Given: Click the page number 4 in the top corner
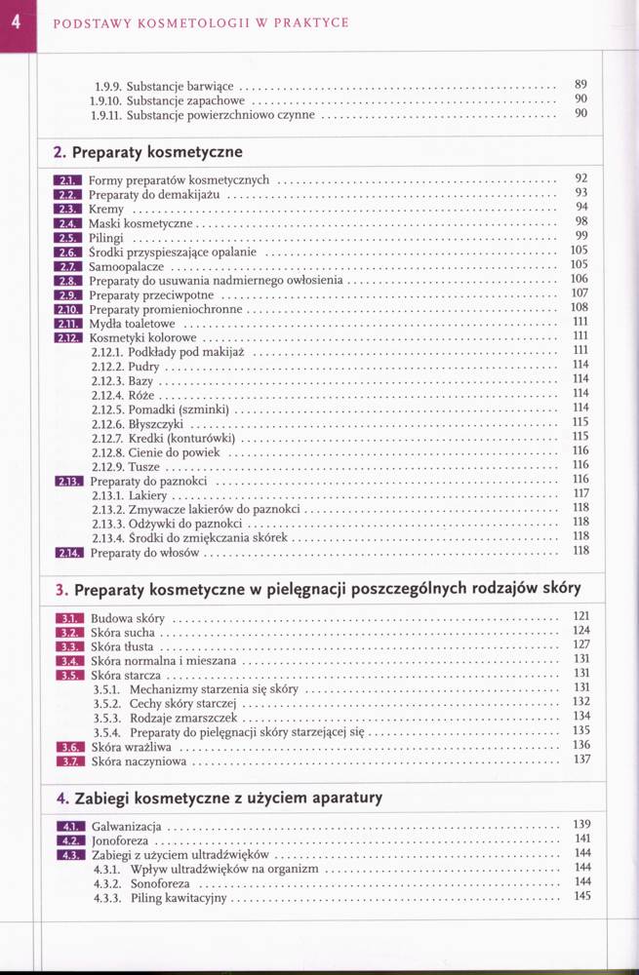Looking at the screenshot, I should [x=18, y=21].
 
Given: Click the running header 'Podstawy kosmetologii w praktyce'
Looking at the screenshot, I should [x=200, y=22].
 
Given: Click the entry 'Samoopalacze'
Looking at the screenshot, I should [x=126, y=265].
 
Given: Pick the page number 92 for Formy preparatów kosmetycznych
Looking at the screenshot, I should [x=581, y=178].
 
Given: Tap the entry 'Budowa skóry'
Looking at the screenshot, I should [x=128, y=618].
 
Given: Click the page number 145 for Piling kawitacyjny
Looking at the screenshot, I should [x=583, y=896].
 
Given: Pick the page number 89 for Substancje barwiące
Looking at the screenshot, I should [x=581, y=84].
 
